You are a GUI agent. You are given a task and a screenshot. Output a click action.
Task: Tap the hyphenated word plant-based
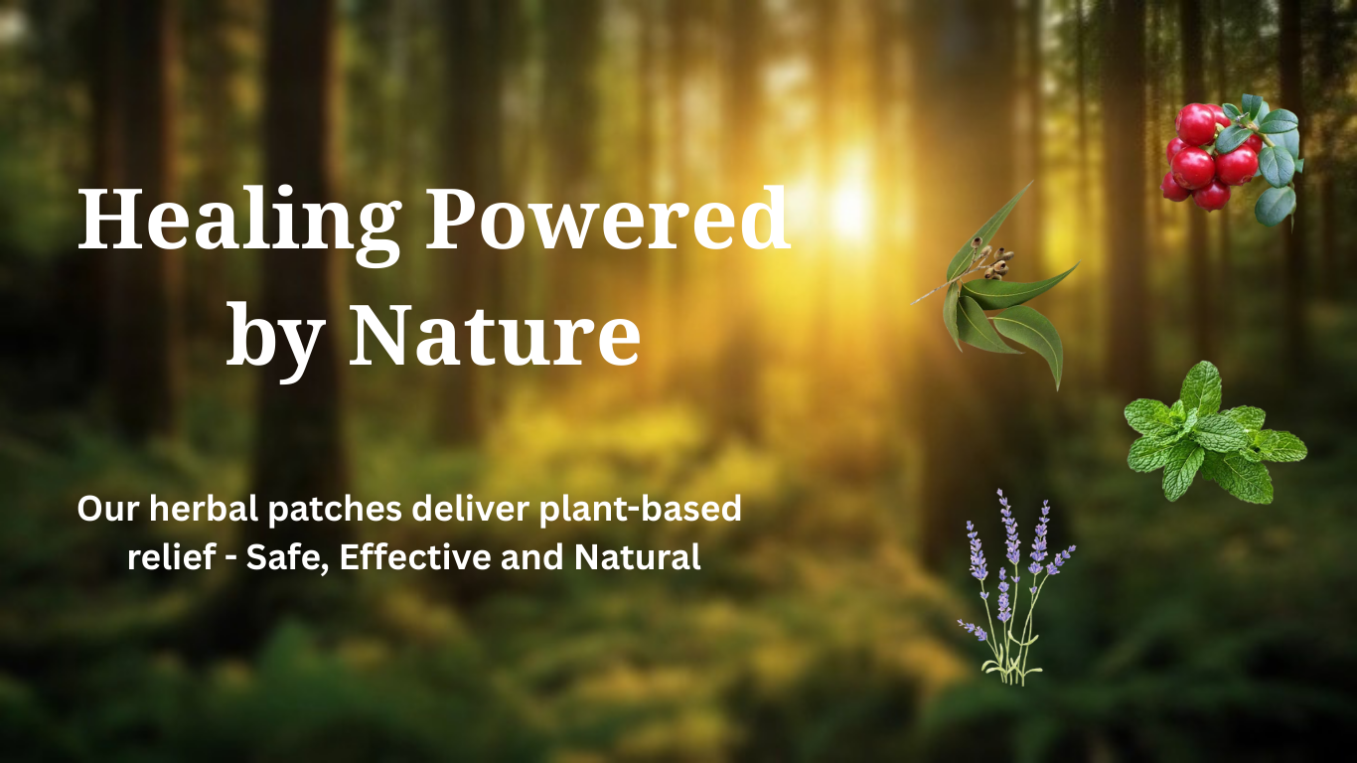point(641,510)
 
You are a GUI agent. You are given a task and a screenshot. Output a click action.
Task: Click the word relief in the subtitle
point(172,556)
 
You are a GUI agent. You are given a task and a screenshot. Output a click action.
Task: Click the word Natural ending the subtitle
point(638,556)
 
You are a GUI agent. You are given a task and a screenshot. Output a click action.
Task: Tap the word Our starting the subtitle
point(108,510)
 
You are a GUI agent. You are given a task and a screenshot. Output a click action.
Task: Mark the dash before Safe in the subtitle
point(230,558)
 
